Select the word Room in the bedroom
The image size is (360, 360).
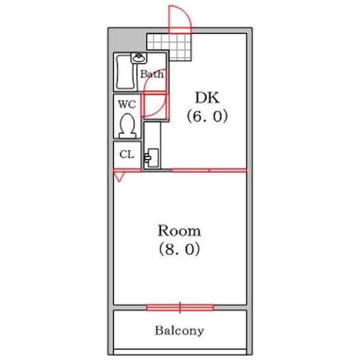click(179, 231)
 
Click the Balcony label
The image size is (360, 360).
click(179, 331)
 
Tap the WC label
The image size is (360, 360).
click(127, 104)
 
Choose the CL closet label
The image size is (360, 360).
click(127, 154)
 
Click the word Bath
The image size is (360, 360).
click(151, 75)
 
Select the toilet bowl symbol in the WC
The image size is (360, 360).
click(127, 126)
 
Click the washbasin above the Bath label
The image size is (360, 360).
click(140, 58)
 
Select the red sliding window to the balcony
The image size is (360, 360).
click(180, 308)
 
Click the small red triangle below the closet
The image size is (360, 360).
click(119, 177)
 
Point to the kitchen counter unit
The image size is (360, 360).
click(152, 144)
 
